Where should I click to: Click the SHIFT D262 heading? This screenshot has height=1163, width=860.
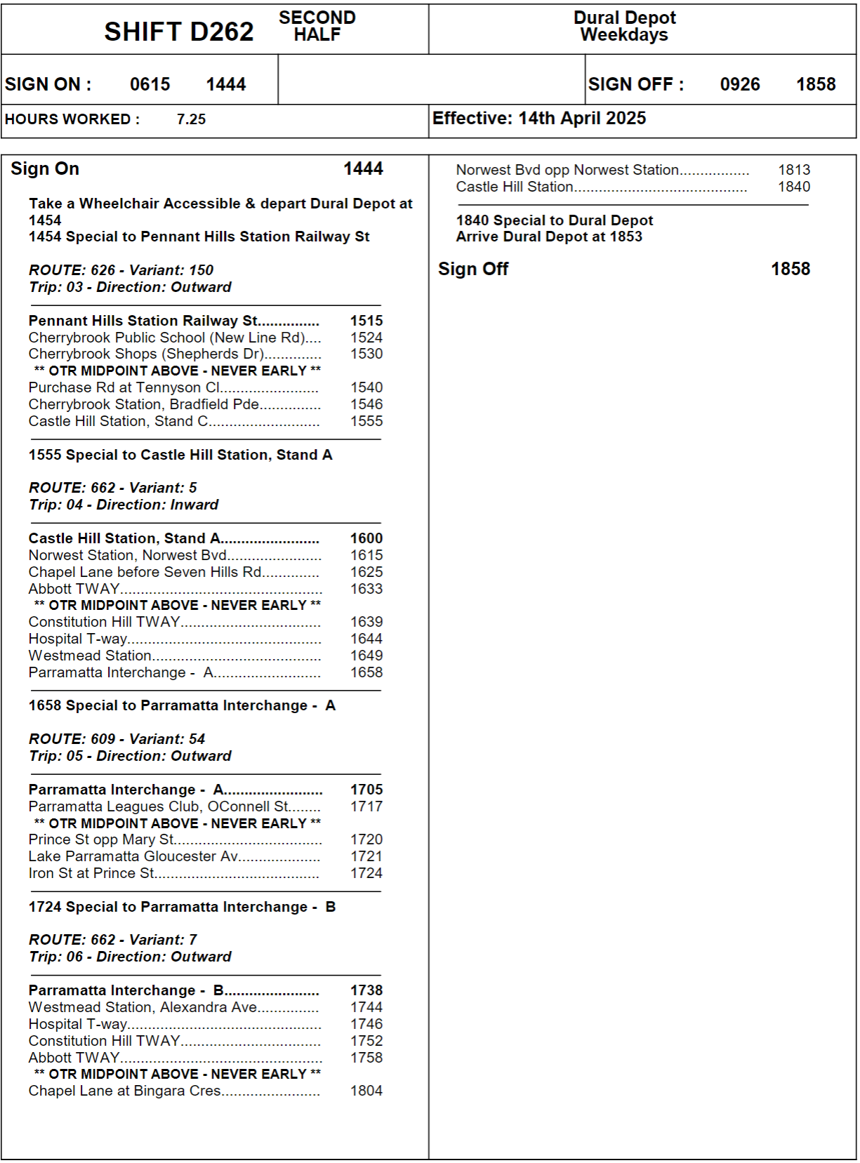[178, 32]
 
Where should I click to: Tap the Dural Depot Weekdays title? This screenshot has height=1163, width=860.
[624, 26]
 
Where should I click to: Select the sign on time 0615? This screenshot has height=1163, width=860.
[150, 84]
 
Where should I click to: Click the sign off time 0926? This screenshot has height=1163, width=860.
[740, 84]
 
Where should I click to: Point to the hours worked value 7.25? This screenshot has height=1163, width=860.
[191, 119]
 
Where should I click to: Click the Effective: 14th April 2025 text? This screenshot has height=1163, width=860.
[539, 118]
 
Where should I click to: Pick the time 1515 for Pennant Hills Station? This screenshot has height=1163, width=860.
[366, 321]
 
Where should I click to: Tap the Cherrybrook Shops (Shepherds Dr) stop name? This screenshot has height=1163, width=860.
[146, 354]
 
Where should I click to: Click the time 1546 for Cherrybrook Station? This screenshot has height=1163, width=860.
[366, 404]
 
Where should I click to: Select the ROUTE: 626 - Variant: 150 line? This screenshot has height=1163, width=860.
[121, 270]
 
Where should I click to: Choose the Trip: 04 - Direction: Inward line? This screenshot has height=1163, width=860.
[124, 505]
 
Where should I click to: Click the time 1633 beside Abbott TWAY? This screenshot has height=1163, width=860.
[366, 589]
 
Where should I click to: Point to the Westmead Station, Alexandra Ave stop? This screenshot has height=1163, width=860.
[143, 1007]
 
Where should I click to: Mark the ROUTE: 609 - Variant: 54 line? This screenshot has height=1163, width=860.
[117, 739]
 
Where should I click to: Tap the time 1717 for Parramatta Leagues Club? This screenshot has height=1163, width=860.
[366, 806]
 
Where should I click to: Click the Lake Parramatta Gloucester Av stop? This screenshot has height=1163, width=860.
[133, 856]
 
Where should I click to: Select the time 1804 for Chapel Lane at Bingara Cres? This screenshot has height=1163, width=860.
[366, 1091]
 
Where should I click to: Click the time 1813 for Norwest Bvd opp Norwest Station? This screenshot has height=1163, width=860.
[794, 170]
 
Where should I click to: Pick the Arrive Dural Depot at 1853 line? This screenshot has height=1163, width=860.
[549, 237]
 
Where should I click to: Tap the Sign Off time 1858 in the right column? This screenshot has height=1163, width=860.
[790, 269]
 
